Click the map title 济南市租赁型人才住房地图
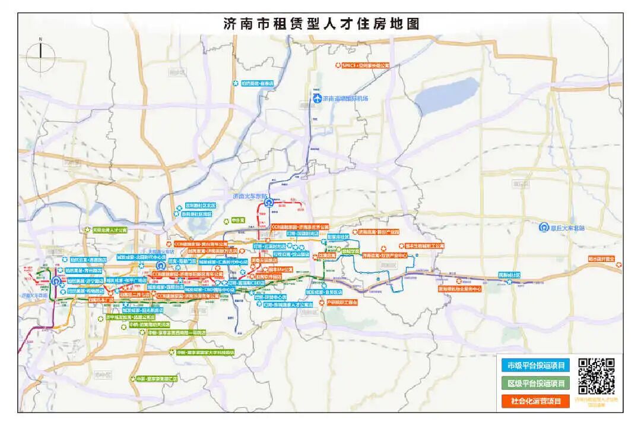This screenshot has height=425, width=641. (321, 24)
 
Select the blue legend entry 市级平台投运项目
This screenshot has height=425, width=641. (532, 365)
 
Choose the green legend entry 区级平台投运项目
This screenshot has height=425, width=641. (532, 383)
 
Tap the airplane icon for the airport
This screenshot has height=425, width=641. (317, 98)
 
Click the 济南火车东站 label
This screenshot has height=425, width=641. (251, 196)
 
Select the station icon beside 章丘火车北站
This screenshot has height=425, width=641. (542, 227)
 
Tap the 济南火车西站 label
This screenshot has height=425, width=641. (34, 295)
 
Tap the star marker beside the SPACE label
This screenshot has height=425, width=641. (338, 65)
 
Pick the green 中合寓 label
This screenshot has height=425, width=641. (237, 220)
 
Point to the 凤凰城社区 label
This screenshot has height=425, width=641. (509, 275)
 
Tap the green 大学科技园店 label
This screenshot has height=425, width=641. (205, 352)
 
